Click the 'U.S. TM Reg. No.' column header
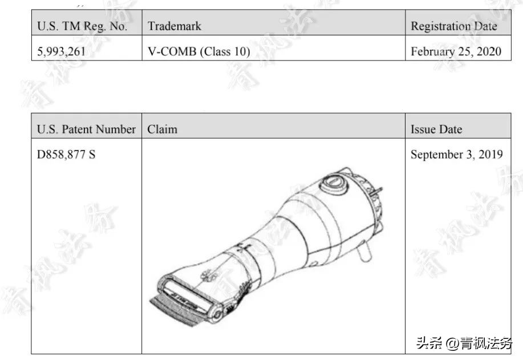click(82, 26)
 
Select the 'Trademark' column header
click(175, 26)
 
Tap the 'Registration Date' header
click(454, 26)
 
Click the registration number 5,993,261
click(61, 51)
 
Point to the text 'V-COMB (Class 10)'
click(199, 51)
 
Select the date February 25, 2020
click(456, 51)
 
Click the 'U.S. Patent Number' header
click(86, 129)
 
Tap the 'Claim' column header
click(162, 129)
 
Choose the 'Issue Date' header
click(436, 129)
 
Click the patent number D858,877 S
click(66, 155)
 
